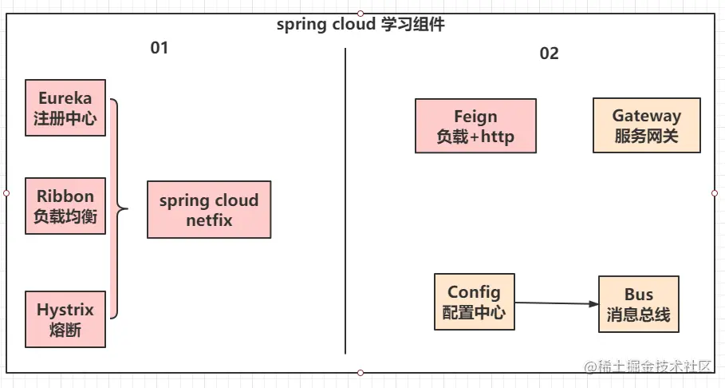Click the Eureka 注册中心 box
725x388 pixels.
[x=65, y=108]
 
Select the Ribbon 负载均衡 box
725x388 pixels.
[x=65, y=206]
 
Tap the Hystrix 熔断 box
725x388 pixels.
[x=65, y=319]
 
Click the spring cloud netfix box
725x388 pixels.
[x=209, y=209]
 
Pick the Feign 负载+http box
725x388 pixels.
[x=475, y=126]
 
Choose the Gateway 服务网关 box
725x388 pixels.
[x=646, y=125]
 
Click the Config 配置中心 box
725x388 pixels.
[x=474, y=302]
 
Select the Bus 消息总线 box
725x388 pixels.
[x=638, y=305]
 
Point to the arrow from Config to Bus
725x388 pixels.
[x=556, y=303]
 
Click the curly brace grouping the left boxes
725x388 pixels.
[x=118, y=209]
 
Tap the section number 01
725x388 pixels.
[x=160, y=48]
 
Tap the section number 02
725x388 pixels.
[x=549, y=53]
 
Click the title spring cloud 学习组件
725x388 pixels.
[x=361, y=25]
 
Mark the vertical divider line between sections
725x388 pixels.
[x=345, y=200]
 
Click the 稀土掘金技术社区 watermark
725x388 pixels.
[x=648, y=366]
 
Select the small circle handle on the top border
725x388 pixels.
[x=361, y=14]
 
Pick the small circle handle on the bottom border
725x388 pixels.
[x=361, y=373]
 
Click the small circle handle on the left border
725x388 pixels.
[x=6, y=193]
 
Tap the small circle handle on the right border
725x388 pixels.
[x=715, y=193]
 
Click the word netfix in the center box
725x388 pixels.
[x=209, y=220]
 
